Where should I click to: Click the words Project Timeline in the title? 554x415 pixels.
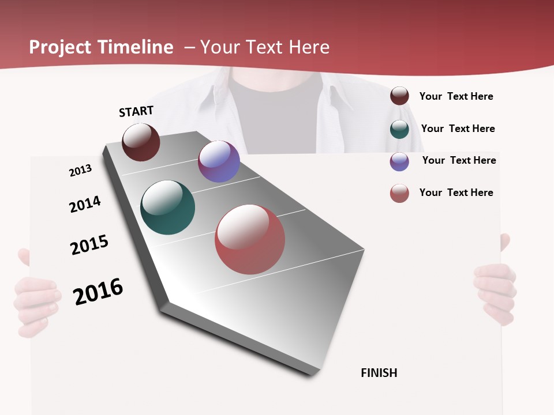point(101,47)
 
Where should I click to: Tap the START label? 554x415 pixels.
point(136,111)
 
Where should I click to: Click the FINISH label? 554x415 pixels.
point(379,373)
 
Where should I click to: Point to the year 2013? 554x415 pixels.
point(80,171)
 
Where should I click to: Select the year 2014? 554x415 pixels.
point(85,204)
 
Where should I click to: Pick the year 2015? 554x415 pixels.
point(89,245)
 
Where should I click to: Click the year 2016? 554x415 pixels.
point(98,292)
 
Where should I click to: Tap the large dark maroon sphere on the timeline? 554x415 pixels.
point(141,142)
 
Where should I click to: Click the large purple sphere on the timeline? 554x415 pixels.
point(219,161)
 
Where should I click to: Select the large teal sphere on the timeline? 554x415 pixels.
point(167,207)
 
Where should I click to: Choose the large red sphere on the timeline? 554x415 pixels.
point(250,239)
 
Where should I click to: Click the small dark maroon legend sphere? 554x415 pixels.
point(399,96)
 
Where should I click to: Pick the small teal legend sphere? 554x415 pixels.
point(399,129)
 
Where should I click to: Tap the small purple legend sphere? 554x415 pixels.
point(399,161)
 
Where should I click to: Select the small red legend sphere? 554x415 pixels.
point(399,194)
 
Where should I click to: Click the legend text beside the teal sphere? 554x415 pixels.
point(458,129)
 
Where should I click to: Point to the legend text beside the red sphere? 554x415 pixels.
point(456,193)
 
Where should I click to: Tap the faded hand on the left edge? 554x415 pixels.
point(35,300)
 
